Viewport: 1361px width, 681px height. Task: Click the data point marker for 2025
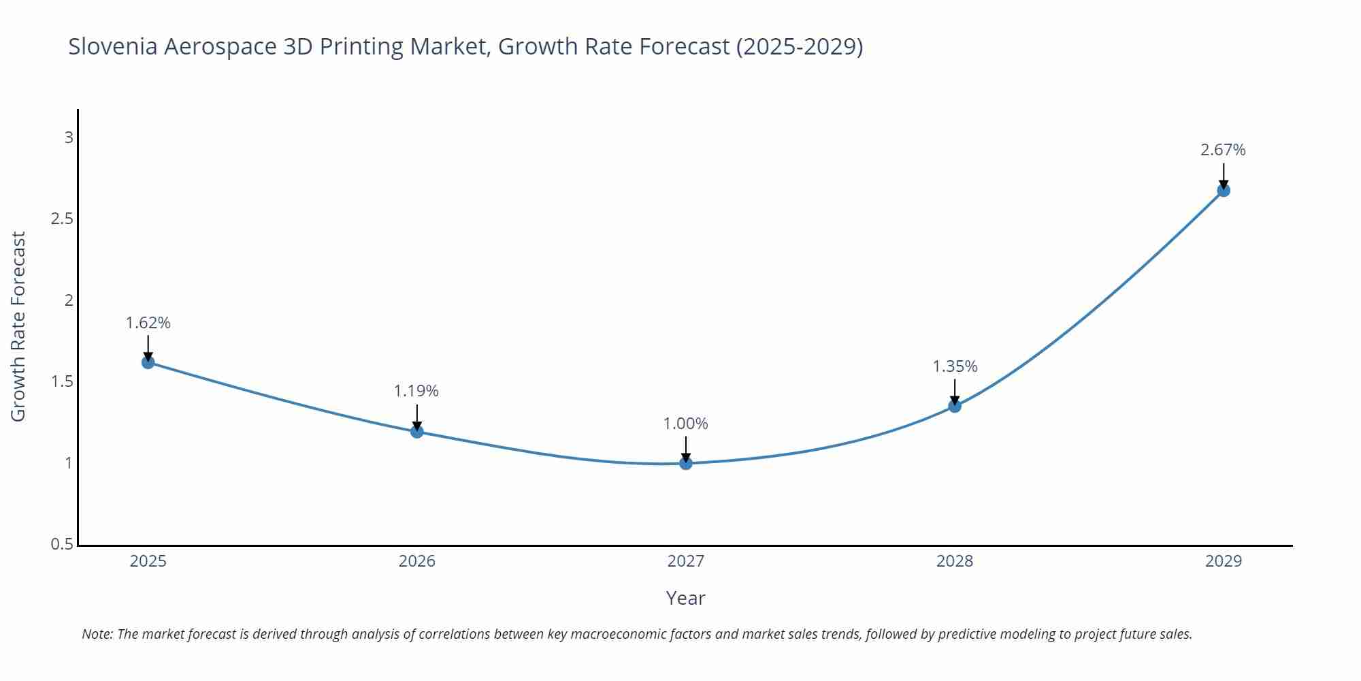coord(148,362)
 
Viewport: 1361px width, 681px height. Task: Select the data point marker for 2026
coord(416,432)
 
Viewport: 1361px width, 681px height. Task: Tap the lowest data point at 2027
coord(686,463)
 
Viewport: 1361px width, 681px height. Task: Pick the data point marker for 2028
coord(955,407)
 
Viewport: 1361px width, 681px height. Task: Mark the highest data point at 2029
coord(1224,191)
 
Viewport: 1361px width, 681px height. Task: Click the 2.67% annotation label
coord(1223,150)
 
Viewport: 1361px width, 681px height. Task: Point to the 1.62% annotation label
coord(148,323)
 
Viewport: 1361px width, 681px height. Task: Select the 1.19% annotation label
coord(416,391)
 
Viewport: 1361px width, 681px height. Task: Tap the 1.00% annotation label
coord(686,424)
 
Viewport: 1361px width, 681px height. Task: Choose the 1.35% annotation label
coord(955,366)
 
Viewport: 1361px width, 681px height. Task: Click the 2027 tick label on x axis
coord(686,561)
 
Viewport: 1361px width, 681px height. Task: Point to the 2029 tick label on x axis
coord(1224,561)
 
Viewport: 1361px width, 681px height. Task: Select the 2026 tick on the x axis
coord(416,561)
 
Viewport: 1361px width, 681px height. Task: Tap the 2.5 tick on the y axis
coord(62,219)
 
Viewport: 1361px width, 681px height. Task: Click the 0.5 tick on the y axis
coord(62,544)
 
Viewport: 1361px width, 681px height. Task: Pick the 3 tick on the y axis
coord(69,138)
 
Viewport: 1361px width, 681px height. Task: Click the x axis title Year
coord(685,598)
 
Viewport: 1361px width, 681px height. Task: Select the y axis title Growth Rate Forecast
coord(18,327)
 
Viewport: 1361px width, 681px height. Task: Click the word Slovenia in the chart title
coord(112,46)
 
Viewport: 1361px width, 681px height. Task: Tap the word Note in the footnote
coord(97,634)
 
